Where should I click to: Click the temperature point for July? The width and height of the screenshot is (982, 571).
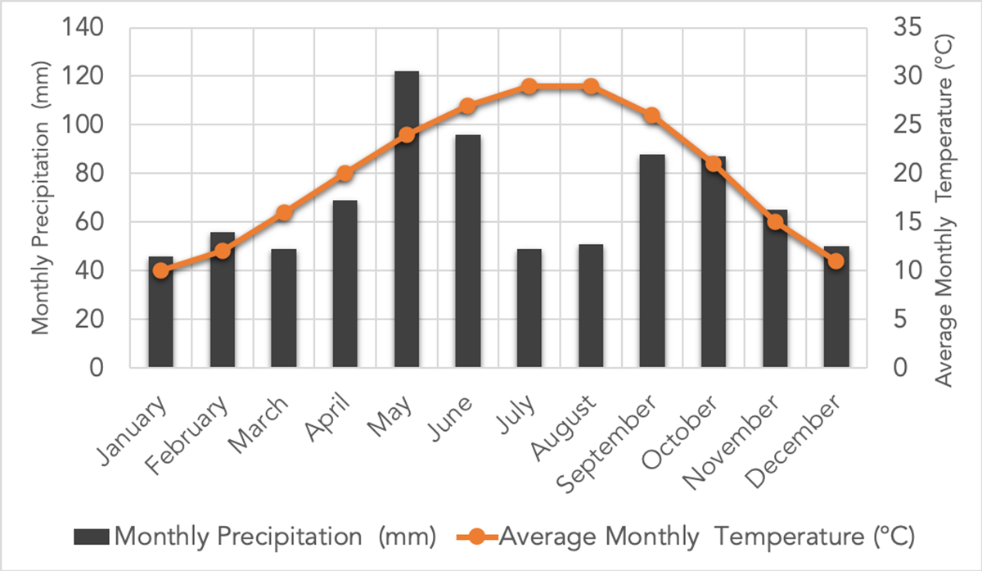[529, 86]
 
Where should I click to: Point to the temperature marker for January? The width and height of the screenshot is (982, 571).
[161, 270]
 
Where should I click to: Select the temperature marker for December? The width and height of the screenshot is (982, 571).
[836, 261]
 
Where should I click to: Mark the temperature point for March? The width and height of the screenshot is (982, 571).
[284, 213]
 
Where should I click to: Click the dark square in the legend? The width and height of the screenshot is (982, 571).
[91, 537]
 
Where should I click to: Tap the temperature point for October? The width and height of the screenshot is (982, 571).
[713, 164]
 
